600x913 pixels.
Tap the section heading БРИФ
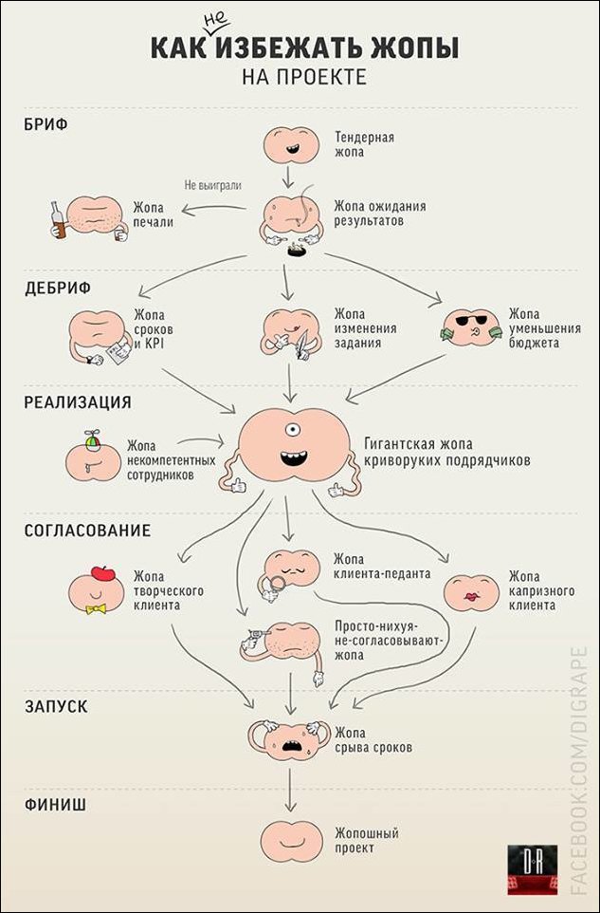(x=45, y=124)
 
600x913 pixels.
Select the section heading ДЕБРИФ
(x=58, y=289)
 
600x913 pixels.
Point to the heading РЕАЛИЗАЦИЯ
(x=78, y=401)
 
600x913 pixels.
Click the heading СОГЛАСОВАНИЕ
(x=87, y=531)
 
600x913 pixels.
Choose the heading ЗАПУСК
(x=56, y=706)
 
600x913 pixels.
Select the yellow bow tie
(x=96, y=608)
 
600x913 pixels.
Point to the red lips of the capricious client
(x=471, y=597)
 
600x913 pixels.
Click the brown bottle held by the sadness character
(x=58, y=221)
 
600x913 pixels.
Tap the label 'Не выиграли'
(x=212, y=186)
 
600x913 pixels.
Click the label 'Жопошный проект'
(x=365, y=840)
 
